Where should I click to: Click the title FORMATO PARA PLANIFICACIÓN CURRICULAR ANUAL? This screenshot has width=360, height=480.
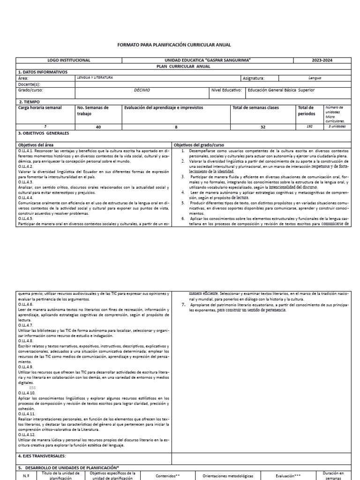(173, 45)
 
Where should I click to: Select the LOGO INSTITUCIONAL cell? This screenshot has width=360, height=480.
(69, 60)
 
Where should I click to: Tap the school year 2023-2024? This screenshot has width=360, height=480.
(322, 60)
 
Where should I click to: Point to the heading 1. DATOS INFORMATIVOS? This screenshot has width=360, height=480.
(43, 72)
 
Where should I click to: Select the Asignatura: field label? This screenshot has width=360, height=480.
(254, 78)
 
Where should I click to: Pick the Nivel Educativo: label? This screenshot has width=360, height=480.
(226, 90)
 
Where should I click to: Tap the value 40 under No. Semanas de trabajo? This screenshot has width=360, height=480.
(98, 127)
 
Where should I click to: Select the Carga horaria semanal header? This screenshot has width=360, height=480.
(40, 107)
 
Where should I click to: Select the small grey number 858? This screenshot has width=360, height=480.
(32, 389)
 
